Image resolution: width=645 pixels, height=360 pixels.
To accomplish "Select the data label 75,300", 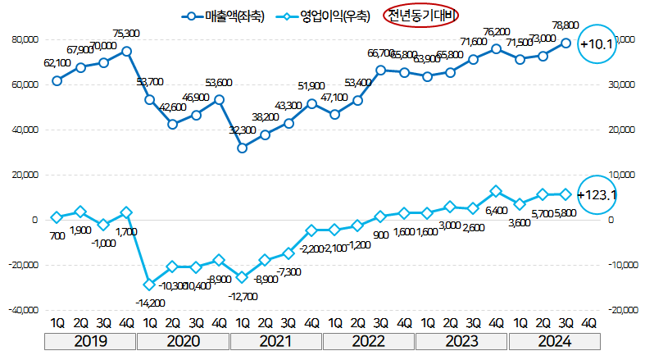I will click(x=125, y=34).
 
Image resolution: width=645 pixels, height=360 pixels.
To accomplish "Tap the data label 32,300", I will click(x=243, y=130).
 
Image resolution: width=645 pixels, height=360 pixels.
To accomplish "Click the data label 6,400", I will click(x=497, y=211).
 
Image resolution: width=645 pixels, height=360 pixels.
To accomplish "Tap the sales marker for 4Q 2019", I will click(x=126, y=51).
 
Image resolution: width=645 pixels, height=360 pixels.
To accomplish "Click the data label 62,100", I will click(x=56, y=62).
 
